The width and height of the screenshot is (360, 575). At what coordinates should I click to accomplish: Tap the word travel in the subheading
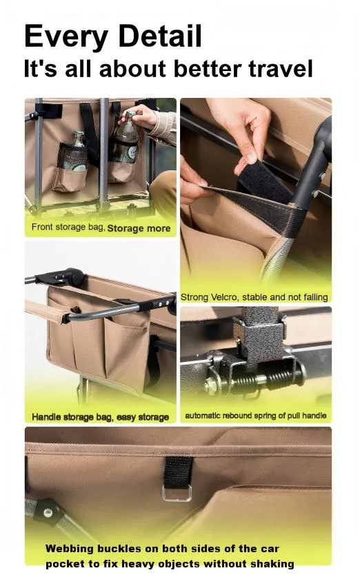click(281, 68)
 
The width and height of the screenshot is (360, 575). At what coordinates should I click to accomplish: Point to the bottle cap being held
click(128, 114)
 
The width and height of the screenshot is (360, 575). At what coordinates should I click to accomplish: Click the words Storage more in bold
click(139, 228)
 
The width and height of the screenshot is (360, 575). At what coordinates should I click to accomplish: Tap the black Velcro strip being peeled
click(265, 181)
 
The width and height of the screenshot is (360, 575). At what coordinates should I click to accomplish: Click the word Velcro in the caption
click(224, 297)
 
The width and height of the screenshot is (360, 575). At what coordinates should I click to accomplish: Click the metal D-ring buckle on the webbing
click(177, 492)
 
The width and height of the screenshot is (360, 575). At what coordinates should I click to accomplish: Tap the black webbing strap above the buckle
click(178, 472)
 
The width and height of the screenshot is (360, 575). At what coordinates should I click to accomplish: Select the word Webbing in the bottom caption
click(70, 549)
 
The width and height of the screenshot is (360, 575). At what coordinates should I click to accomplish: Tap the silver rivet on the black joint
click(48, 512)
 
